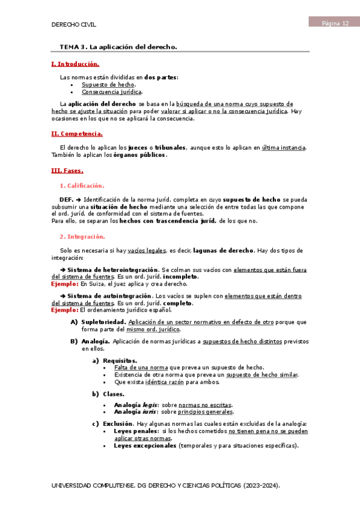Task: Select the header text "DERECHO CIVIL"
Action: coord(74,25)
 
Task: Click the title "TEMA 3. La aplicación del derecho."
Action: coord(118,46)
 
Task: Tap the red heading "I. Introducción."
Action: coord(76,64)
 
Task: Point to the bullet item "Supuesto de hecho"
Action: coord(108,85)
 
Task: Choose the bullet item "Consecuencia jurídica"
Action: coord(112,92)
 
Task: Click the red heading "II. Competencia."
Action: coord(77,134)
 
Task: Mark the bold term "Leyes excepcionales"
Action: coord(145,446)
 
